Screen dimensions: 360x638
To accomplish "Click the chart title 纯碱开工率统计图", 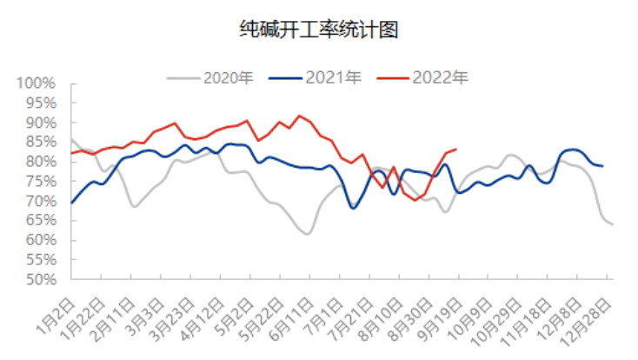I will pos(318,31).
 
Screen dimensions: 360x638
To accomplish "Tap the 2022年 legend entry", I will pos(439,77).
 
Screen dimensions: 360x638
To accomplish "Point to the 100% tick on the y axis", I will pos(37,83).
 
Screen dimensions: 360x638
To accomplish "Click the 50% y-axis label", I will pos(40,280).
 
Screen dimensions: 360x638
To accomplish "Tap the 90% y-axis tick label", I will pos(40,123).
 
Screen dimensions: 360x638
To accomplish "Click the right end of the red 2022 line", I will pos(456,149).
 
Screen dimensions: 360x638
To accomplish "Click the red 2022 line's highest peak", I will pos(300,116).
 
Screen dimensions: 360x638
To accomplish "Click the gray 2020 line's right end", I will pos(613,224).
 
